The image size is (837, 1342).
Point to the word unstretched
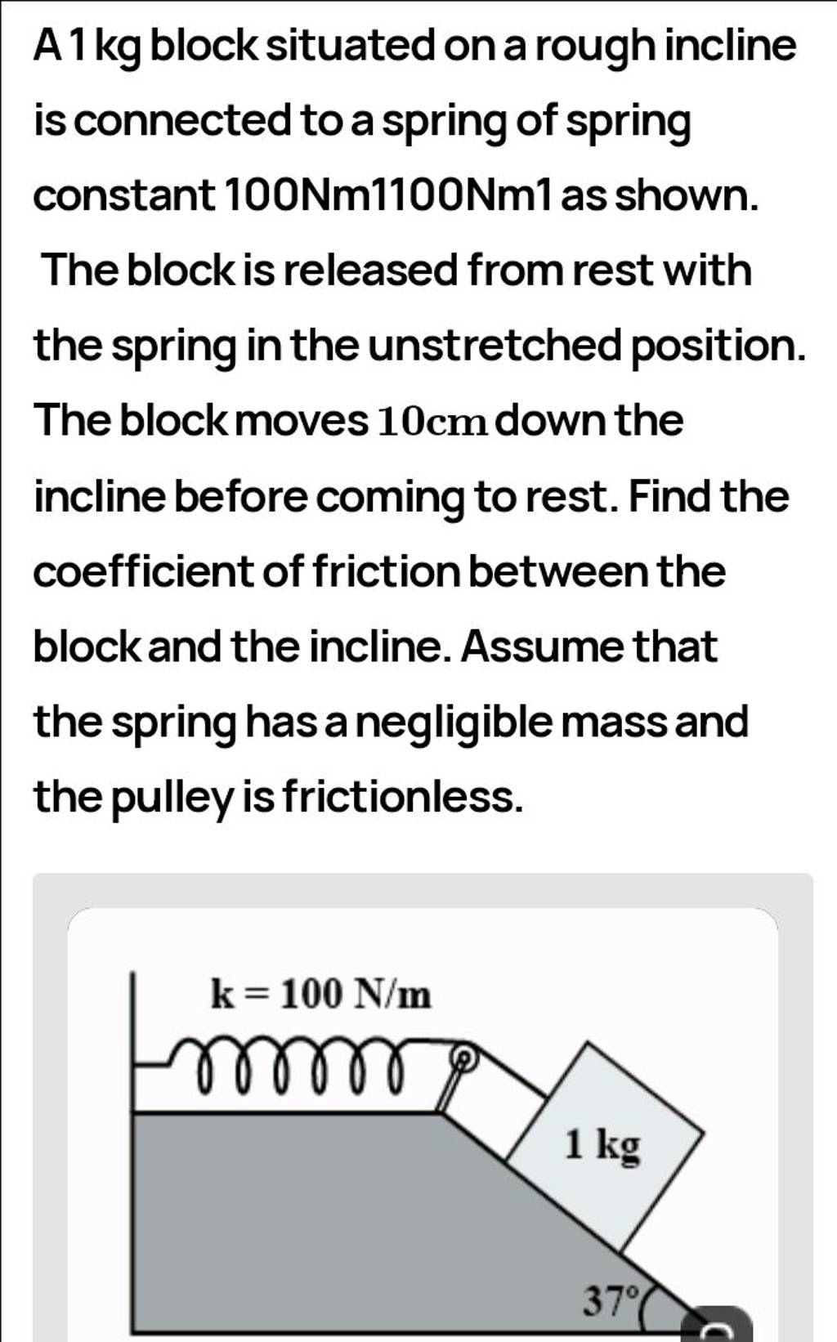click(x=495, y=346)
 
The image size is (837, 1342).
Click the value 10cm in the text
click(x=432, y=422)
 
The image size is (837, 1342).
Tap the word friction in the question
click(x=388, y=571)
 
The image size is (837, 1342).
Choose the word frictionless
click(x=401, y=798)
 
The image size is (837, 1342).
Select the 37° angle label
click(x=610, y=1299)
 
